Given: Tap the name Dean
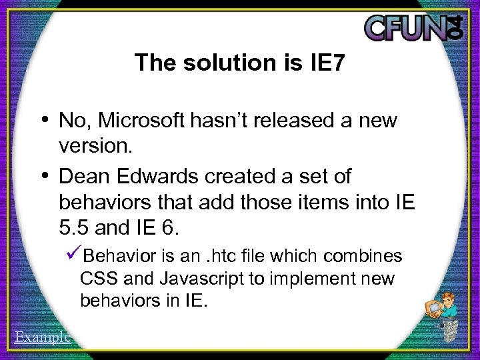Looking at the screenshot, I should click(81, 177).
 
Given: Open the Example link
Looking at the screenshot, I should click(42, 337).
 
